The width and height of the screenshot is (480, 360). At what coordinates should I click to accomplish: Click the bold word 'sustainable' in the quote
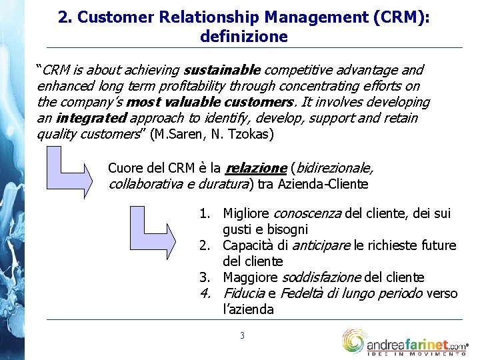coord(223,70)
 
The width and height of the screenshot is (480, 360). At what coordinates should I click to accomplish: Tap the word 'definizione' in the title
coord(244,36)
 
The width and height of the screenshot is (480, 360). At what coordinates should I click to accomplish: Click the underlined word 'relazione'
coord(257,168)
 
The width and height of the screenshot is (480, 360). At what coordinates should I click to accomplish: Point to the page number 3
coord(242,335)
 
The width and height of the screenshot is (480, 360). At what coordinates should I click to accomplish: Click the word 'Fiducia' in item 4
coord(244,293)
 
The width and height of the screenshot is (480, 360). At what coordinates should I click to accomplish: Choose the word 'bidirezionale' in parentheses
coord(333,168)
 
